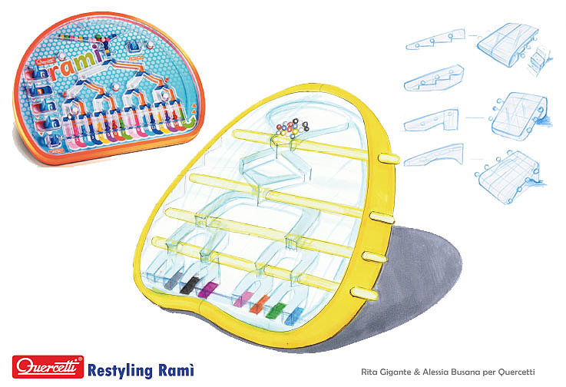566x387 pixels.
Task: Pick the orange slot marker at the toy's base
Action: click(260, 303)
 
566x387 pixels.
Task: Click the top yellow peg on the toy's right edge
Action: click(389, 158)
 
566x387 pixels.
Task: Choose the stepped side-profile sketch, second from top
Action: click(433, 78)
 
